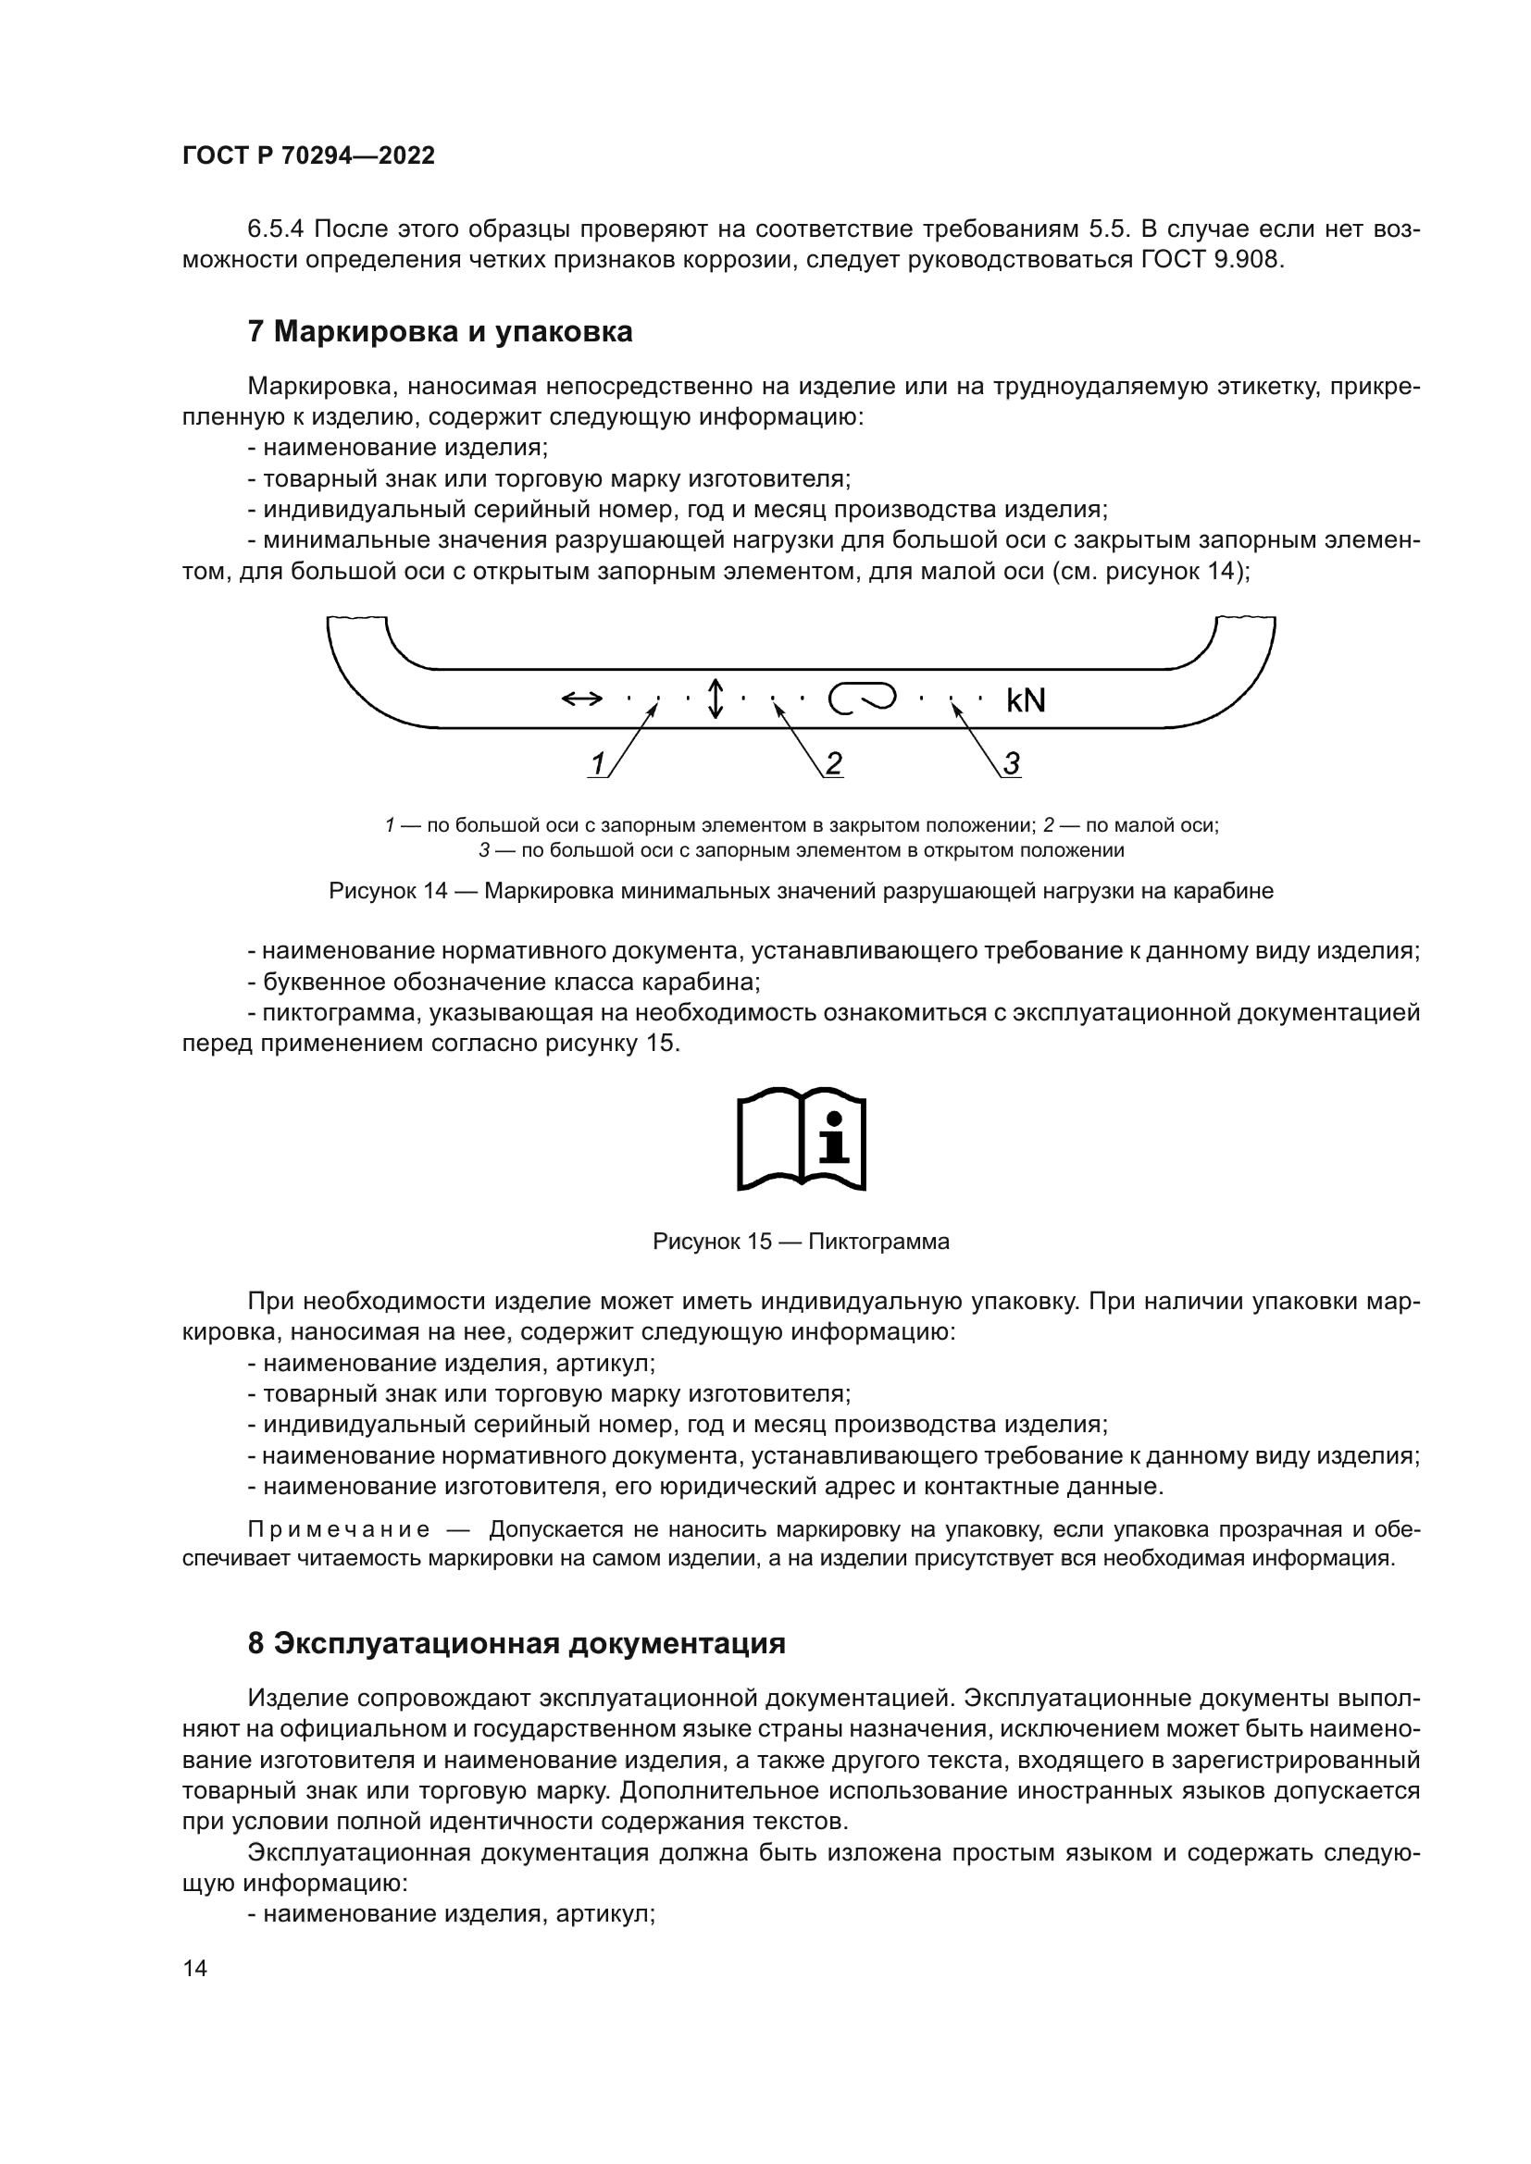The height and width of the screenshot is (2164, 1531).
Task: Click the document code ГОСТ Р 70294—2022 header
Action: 308,156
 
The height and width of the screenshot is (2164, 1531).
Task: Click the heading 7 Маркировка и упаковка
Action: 440,332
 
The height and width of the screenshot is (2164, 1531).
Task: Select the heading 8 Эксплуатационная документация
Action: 517,1643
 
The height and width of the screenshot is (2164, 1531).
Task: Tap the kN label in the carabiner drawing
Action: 1026,700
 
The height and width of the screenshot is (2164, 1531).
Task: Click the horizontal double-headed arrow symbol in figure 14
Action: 581,699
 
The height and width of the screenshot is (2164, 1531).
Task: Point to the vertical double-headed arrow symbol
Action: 716,699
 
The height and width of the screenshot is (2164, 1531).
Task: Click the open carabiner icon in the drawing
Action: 861,699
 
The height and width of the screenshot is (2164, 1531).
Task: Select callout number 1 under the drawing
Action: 597,763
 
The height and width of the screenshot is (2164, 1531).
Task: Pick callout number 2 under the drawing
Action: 833,763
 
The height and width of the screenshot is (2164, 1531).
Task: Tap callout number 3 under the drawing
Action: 1011,763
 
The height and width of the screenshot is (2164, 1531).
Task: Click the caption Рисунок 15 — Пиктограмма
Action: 801,1243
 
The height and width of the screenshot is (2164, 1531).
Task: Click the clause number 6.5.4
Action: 275,229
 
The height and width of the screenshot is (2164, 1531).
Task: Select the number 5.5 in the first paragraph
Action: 1109,229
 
